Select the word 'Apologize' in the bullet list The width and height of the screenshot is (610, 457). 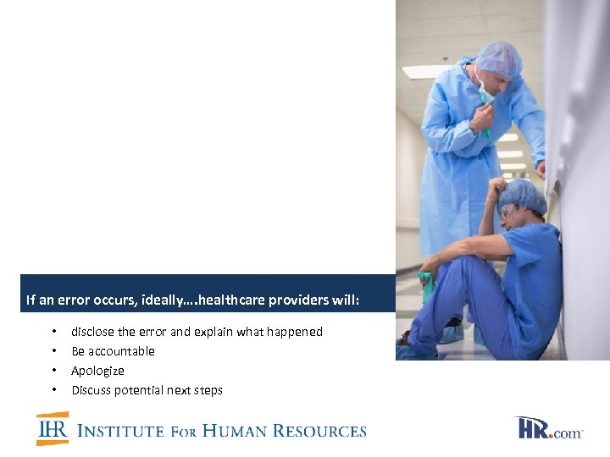pos(97,371)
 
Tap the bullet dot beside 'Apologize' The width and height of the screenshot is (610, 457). pos(53,371)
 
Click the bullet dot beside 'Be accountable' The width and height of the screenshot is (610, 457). pos(53,351)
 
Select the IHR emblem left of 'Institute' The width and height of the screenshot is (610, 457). pos(53,429)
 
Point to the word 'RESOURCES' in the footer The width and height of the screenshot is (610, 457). pos(324,431)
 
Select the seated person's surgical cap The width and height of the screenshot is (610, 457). pos(524,195)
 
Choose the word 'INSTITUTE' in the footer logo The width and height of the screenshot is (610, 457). pos(121,431)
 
